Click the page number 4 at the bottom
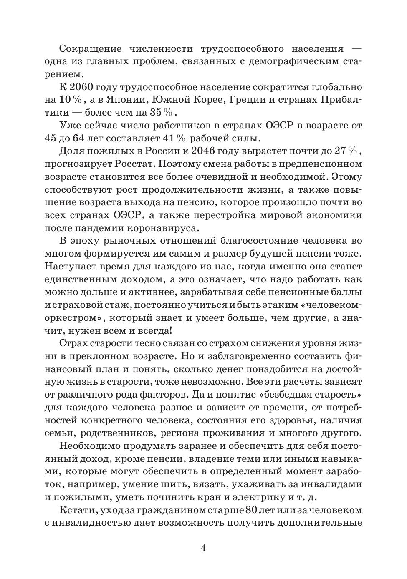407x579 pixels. pyautogui.click(x=203, y=548)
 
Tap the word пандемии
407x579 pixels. pyautogui.click(x=103, y=228)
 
